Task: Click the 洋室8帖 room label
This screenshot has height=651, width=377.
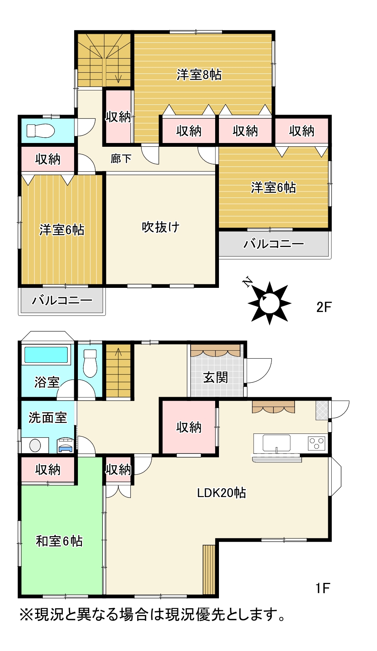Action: point(199,75)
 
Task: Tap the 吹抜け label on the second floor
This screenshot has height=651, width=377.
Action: point(161,227)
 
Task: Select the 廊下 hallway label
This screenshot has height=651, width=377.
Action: point(121,158)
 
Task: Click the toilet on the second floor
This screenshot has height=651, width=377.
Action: point(41,131)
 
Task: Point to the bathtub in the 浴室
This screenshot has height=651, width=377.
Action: point(46,355)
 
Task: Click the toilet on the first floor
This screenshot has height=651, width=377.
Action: point(90,363)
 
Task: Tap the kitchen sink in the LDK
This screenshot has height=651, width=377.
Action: point(276,443)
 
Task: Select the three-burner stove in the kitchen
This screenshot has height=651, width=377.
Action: point(316,443)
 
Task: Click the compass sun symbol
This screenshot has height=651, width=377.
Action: point(269,303)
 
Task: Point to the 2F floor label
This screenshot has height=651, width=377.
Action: point(324,307)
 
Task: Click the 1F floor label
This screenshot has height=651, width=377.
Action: point(323,588)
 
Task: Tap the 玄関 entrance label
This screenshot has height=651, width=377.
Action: point(216,377)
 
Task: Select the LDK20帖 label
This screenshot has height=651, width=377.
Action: point(222,493)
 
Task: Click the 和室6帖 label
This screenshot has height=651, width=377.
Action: point(59,541)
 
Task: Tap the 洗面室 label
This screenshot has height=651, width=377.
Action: point(48,418)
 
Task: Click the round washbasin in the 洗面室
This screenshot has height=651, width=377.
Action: point(35,445)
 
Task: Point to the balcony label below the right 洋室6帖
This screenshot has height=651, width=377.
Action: point(274,244)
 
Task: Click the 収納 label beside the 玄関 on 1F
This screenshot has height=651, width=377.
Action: point(189,427)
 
